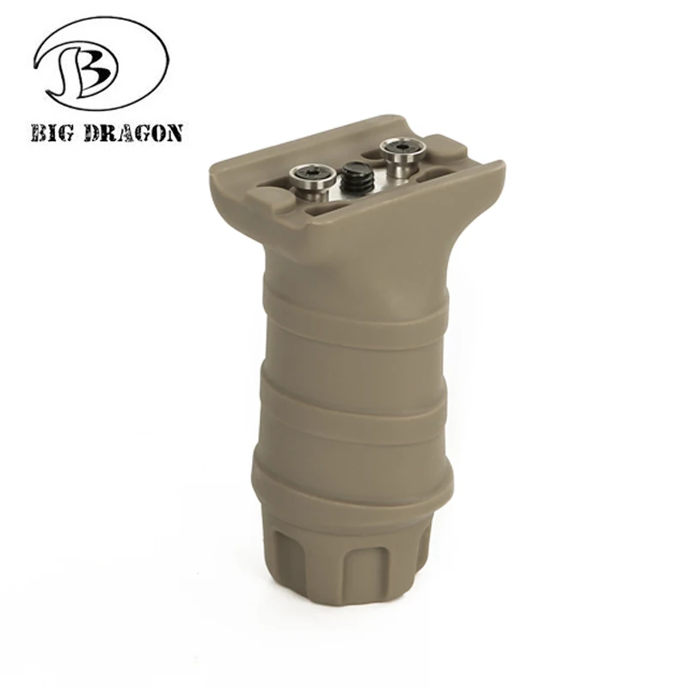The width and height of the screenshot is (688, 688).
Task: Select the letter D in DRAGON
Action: pyautogui.click(x=89, y=132)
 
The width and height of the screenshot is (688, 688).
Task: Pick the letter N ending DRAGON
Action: pyautogui.click(x=174, y=132)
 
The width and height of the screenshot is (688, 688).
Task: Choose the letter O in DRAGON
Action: pyautogui.click(x=157, y=132)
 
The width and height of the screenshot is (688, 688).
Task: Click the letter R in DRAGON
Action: pyautogui.click(x=105, y=132)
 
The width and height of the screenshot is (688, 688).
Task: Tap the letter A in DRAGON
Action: pyautogui.click(x=121, y=132)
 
